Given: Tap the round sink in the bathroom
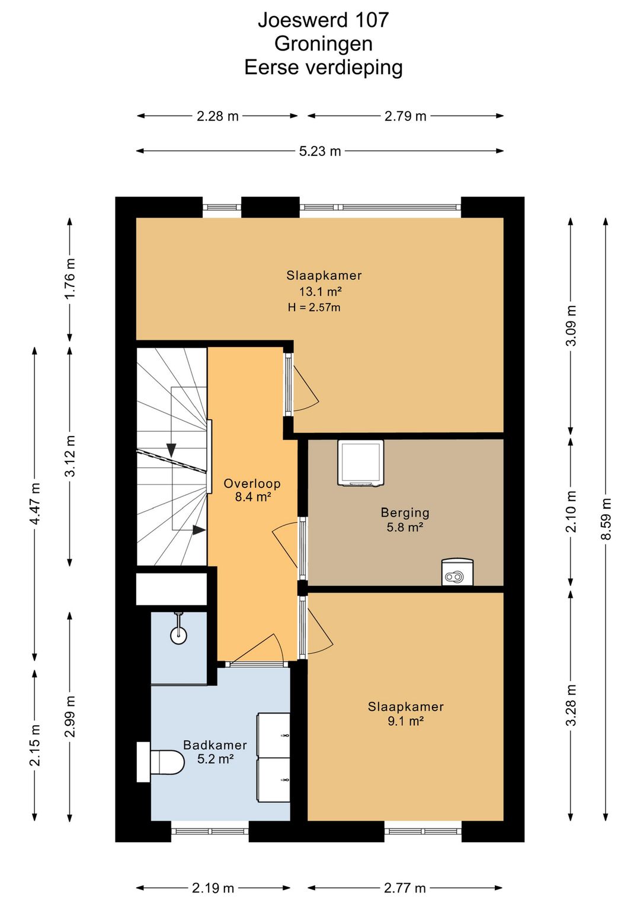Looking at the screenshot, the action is [178, 636].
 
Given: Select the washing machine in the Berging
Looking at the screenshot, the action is [361, 463].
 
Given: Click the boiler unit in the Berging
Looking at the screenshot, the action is [457, 572].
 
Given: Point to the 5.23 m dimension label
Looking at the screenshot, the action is [320, 151].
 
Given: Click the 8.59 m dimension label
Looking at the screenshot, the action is [606, 519].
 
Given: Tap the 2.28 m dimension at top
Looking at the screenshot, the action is [217, 116].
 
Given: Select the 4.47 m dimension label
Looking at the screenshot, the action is [35, 504].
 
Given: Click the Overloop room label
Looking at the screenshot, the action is [252, 483].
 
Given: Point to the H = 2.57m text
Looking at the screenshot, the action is [314, 307].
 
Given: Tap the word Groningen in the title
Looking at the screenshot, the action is [324, 44].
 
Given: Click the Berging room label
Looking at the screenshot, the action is [405, 513].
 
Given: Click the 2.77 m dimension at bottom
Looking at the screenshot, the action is [405, 888].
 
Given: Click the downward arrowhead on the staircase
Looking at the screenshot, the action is [171, 450].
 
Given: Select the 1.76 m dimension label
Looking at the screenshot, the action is [70, 278].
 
